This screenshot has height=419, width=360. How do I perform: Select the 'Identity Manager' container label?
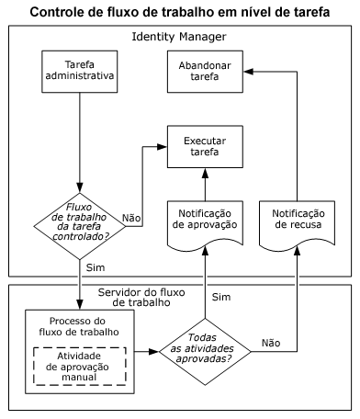click(180, 37)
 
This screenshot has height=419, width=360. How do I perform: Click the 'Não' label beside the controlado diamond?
click(131, 218)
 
